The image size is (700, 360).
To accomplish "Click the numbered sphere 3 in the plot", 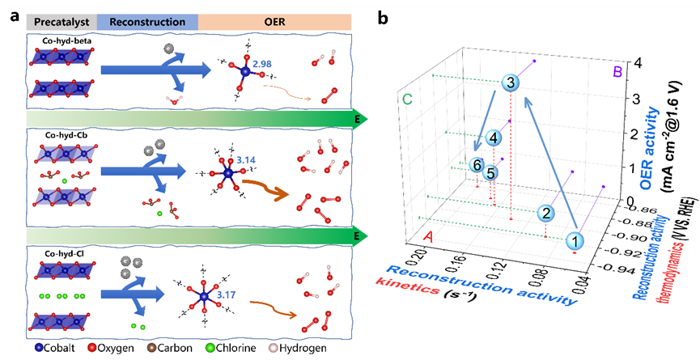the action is tap(511, 83).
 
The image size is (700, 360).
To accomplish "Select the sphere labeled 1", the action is tap(575, 241).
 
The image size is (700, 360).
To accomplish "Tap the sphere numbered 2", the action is tap(546, 213).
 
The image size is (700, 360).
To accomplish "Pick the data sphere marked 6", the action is tap(477, 166).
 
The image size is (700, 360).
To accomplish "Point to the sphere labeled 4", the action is tap(494, 138).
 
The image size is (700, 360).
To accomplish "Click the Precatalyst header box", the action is tap(62, 22).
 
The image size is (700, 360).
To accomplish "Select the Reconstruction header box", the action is tap(147, 22).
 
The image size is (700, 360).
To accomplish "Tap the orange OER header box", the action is tap(274, 22).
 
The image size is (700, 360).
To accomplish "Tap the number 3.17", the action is tap(226, 294).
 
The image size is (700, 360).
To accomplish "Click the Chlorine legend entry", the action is tap(231, 348).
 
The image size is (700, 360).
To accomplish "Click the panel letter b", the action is tap(383, 18).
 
